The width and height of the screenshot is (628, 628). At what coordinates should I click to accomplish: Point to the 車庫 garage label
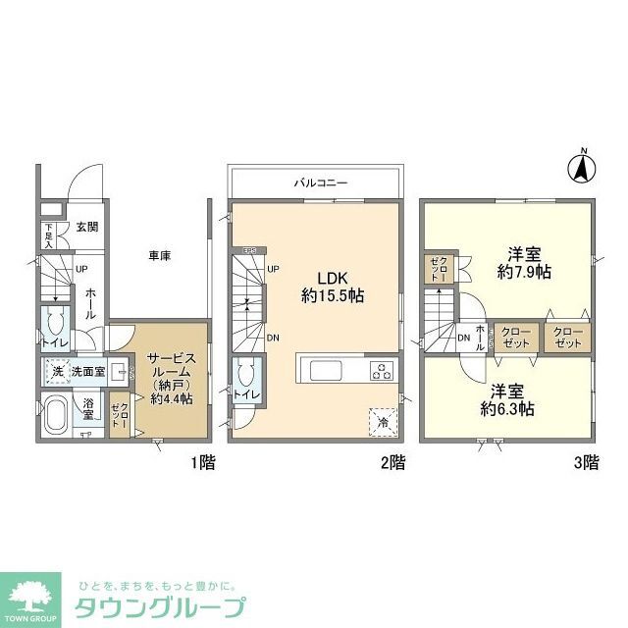pyautogui.click(x=159, y=256)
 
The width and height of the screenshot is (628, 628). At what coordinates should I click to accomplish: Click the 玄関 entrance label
pyautogui.click(x=85, y=228)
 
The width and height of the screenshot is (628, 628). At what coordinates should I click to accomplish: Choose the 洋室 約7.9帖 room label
pyautogui.click(x=523, y=260)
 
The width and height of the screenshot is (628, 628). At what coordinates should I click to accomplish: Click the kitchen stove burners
pyautogui.click(x=381, y=370)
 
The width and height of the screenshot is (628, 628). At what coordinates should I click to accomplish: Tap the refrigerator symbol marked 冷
pyautogui.click(x=382, y=421)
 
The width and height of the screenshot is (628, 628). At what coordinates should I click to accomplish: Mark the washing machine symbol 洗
pyautogui.click(x=57, y=372)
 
